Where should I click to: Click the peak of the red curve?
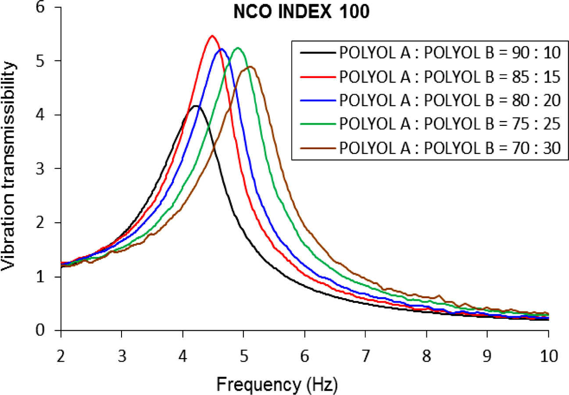(212, 36)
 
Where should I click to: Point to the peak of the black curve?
(196, 106)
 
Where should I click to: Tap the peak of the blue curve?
(222, 49)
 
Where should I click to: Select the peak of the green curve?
(238, 48)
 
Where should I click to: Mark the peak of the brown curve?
(250, 67)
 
